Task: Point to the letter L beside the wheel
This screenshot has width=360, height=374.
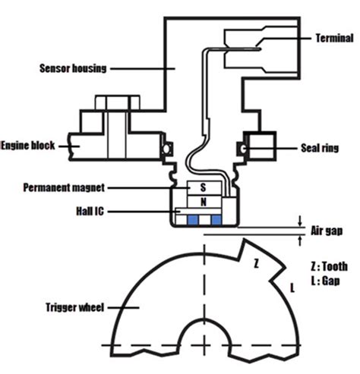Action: (x=290, y=287)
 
